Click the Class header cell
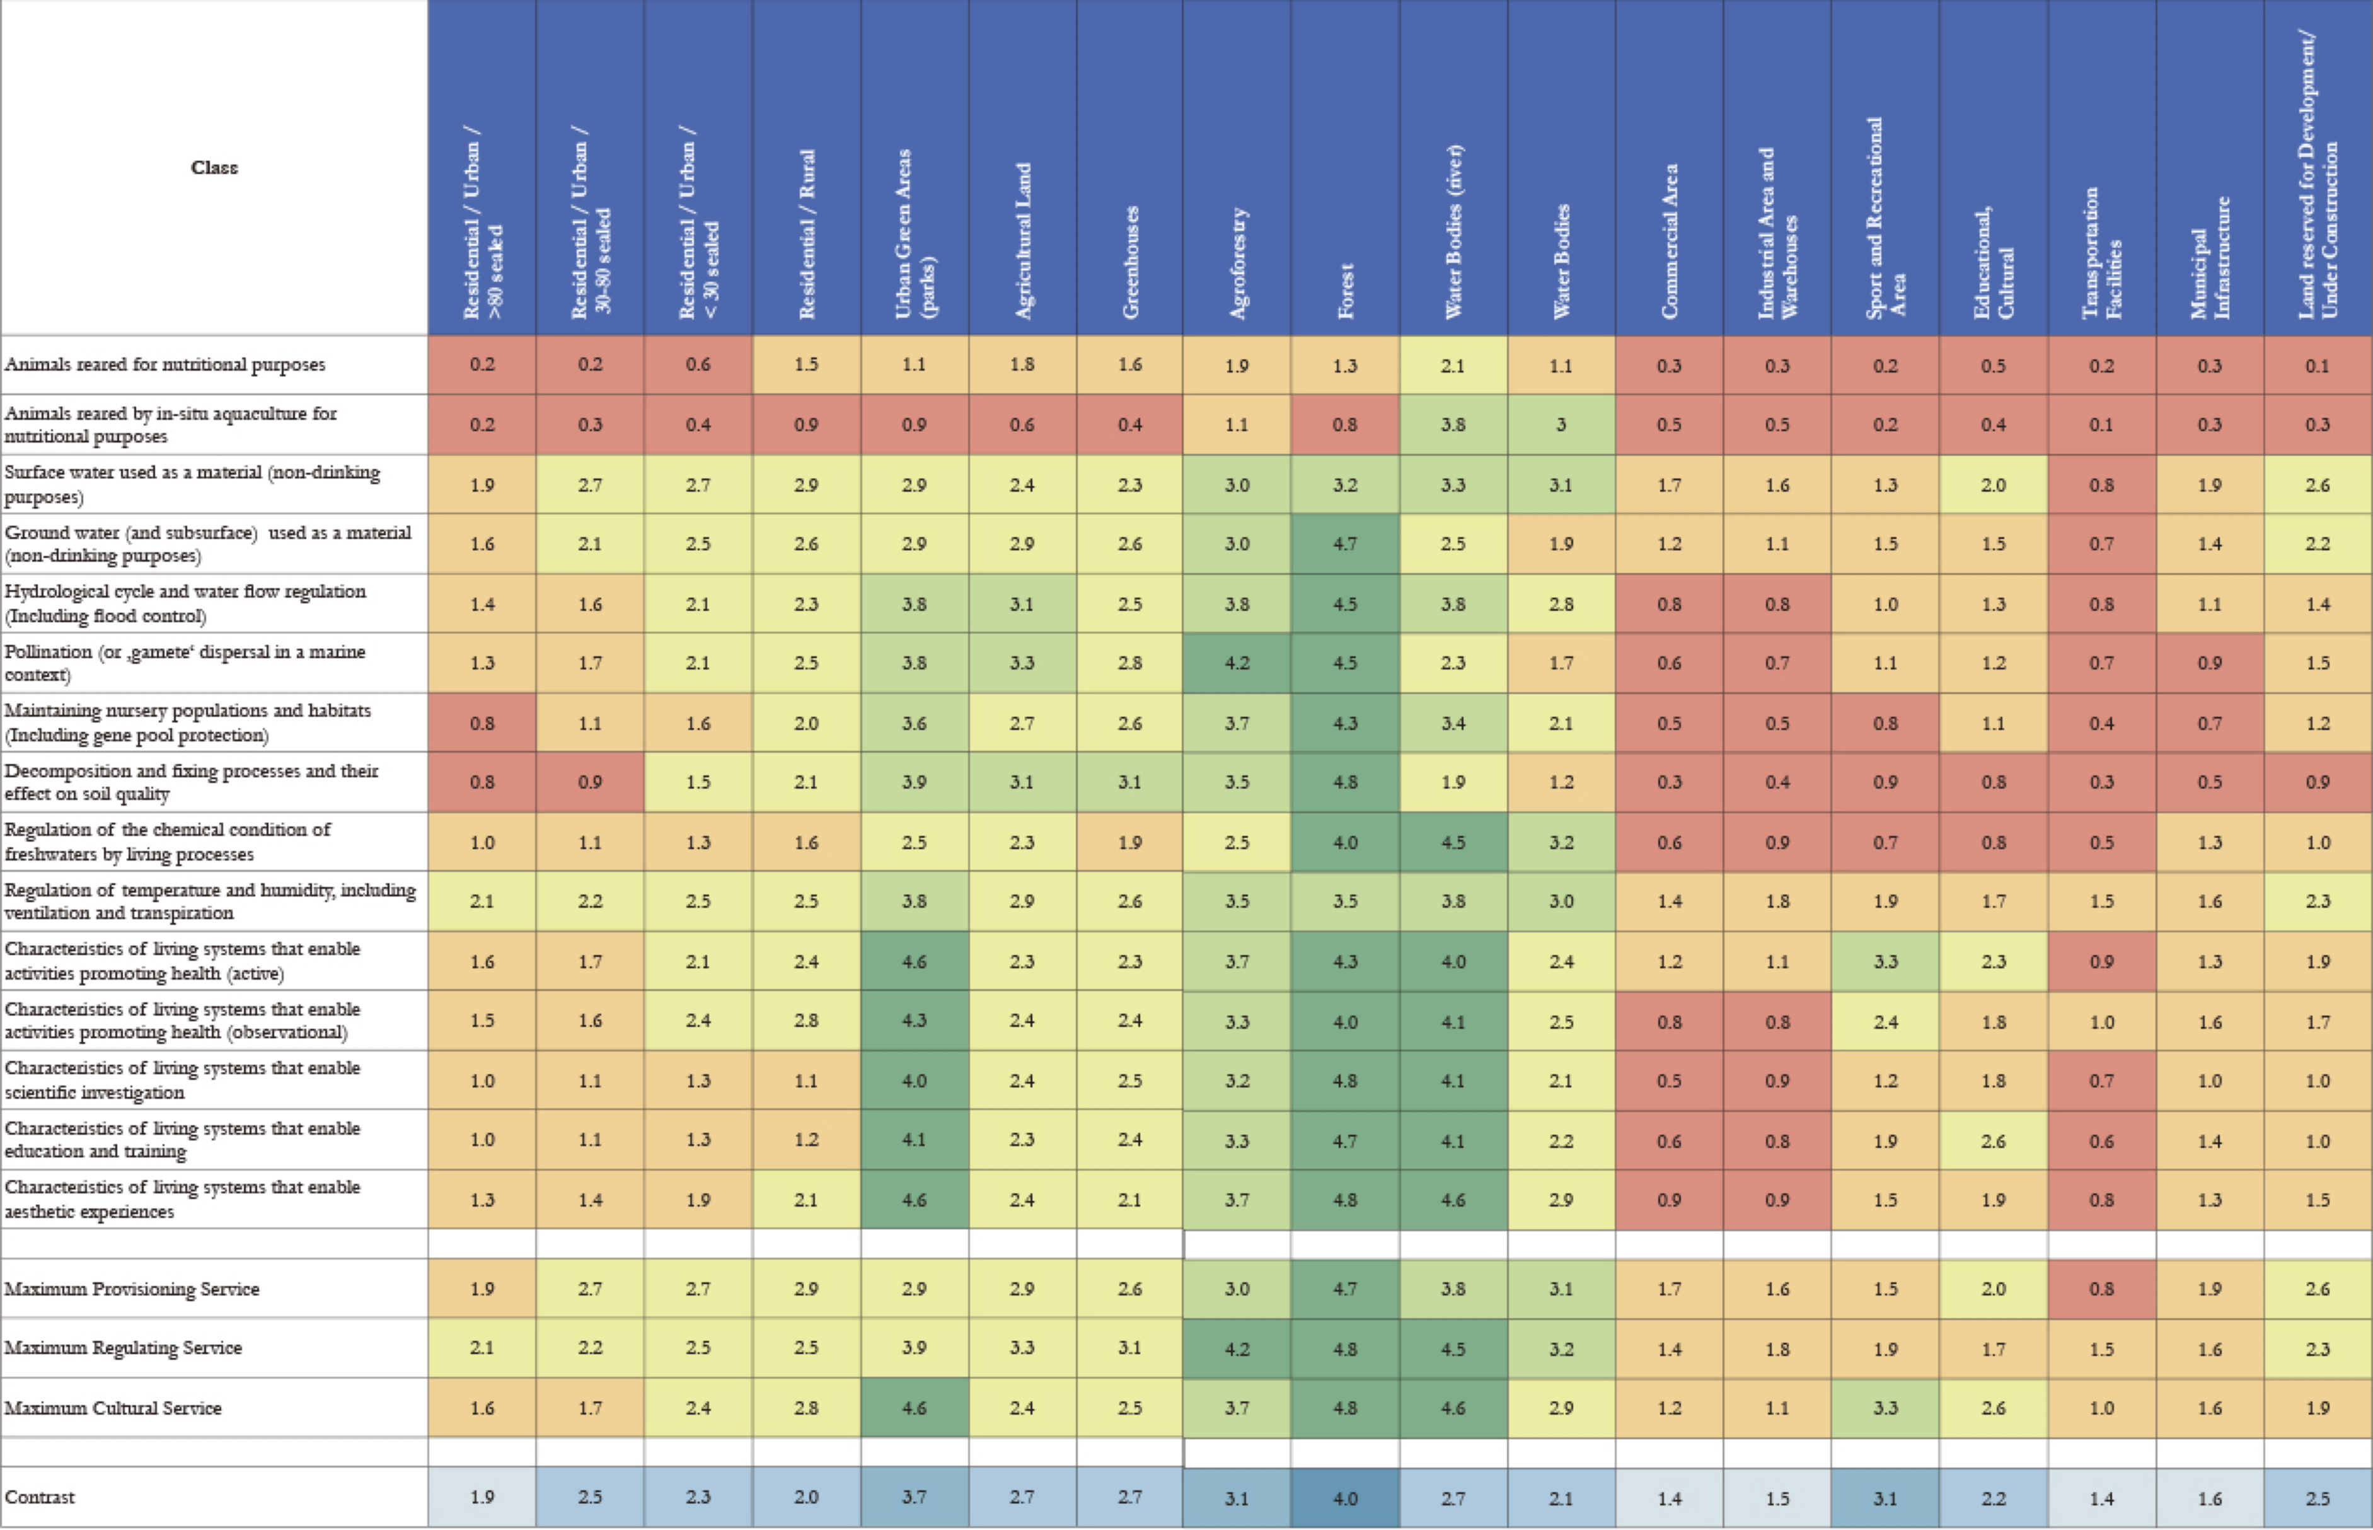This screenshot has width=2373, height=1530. pos(214,167)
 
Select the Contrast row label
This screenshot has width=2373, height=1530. pos(40,1497)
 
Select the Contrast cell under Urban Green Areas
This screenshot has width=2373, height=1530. pos(914,1497)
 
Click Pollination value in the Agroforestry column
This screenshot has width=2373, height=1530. pos(1237,663)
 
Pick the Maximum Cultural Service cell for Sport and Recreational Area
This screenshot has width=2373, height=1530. pos(1885,1408)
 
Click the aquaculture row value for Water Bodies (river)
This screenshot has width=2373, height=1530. pos(1453,424)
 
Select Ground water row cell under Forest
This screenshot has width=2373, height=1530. pos(1345,543)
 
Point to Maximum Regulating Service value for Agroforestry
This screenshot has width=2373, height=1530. pos(1237,1348)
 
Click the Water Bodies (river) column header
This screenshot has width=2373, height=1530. pos(1453,231)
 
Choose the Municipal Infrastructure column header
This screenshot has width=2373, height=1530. pos(2209,257)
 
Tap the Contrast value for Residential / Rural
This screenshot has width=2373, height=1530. pos(805,1497)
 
